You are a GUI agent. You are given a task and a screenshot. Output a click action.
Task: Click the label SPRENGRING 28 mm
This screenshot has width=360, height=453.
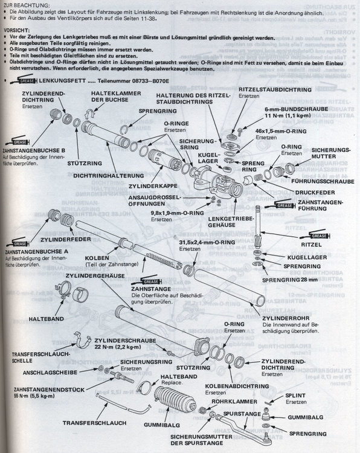[288, 280]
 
